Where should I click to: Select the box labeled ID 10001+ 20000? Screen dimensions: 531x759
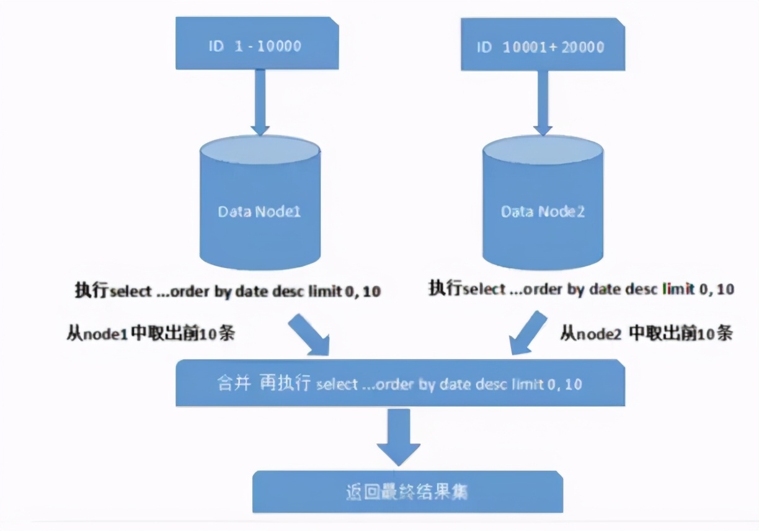(x=543, y=47)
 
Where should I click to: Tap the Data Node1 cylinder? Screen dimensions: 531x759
(x=260, y=205)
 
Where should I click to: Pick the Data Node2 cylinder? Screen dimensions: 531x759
(x=543, y=205)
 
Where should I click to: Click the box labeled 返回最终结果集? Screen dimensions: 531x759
(x=407, y=491)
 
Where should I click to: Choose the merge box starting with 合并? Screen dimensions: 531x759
(x=399, y=383)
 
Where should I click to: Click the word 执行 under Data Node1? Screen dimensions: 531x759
(x=92, y=291)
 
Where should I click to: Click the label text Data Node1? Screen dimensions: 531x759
(x=259, y=212)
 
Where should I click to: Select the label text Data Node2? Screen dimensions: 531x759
(x=543, y=212)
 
